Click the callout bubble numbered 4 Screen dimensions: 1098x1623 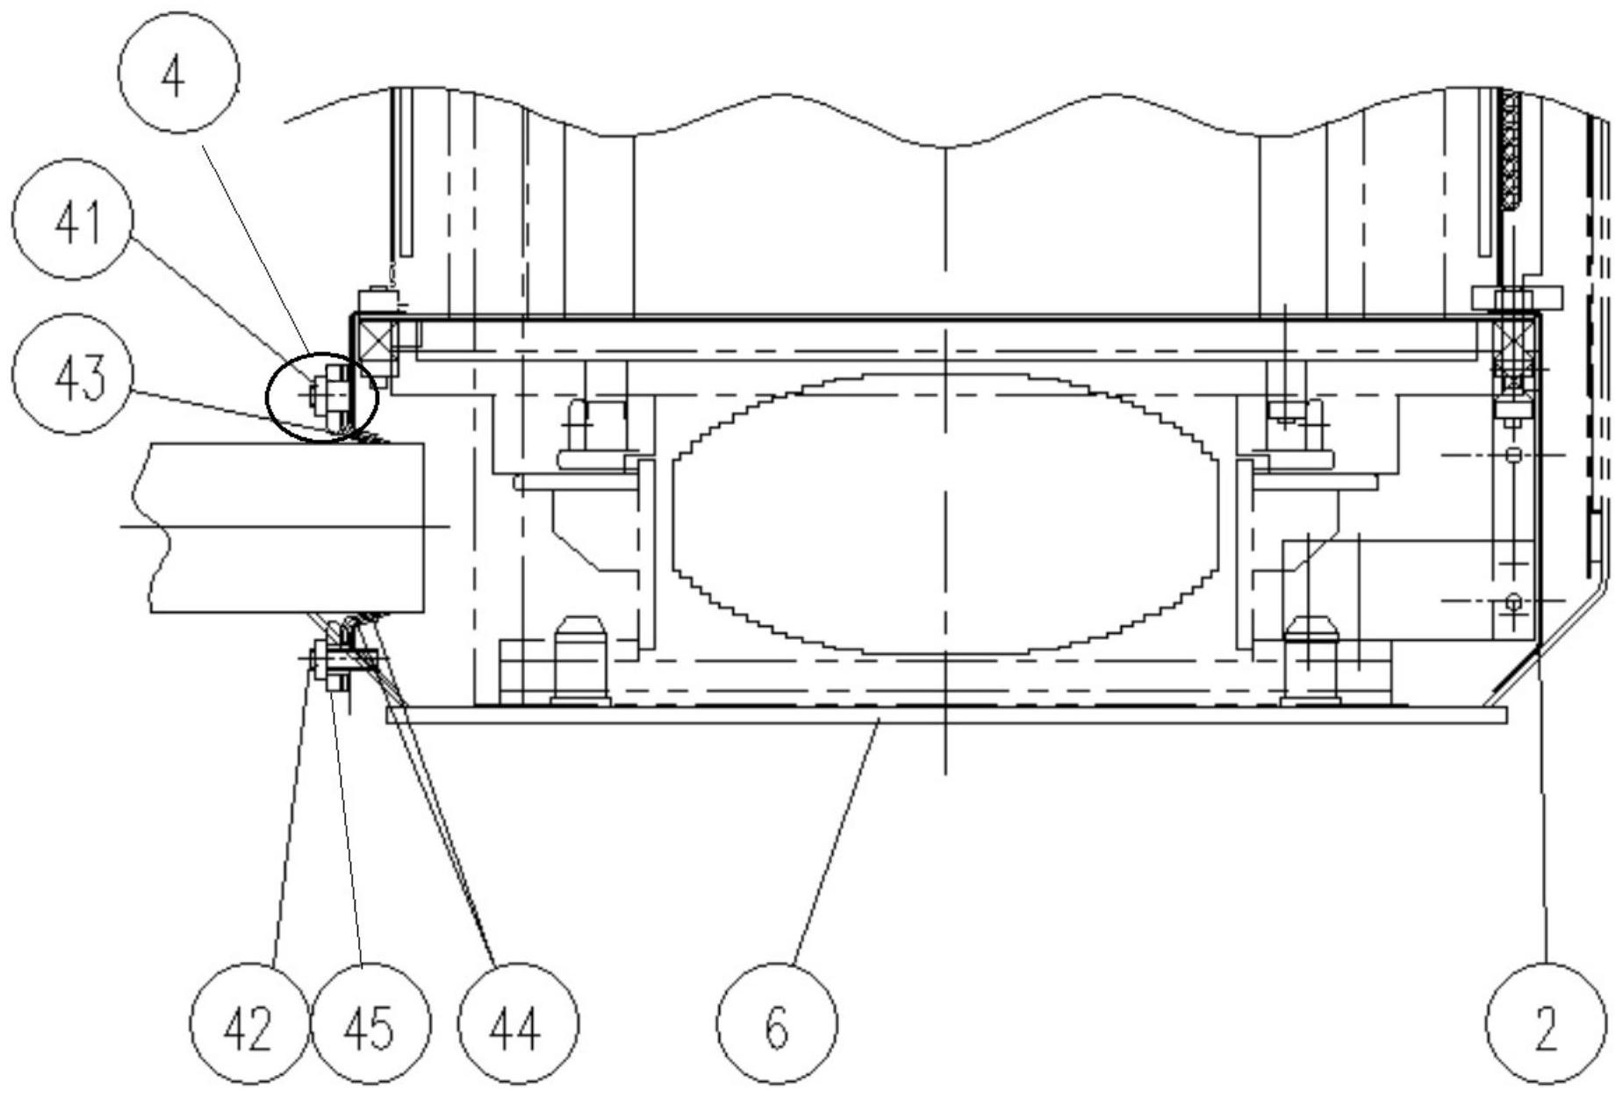pos(178,74)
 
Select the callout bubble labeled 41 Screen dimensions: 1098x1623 pos(73,220)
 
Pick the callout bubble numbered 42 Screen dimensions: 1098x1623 pos(250,1024)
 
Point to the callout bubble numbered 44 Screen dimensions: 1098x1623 pos(518,1024)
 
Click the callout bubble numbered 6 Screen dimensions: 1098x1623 pos(777,1024)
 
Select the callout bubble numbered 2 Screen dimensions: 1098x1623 pos(1545,1024)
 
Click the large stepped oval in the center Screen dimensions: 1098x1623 pos(945,513)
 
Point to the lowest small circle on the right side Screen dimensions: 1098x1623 pos(1512,601)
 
